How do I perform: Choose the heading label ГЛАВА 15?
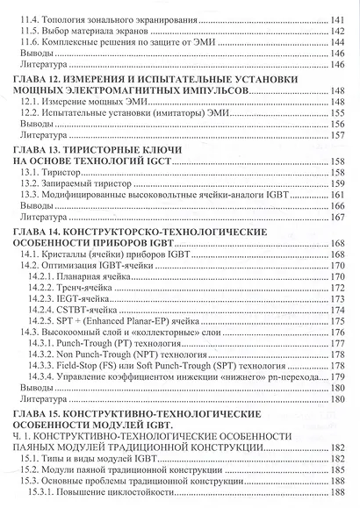point(40,435)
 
